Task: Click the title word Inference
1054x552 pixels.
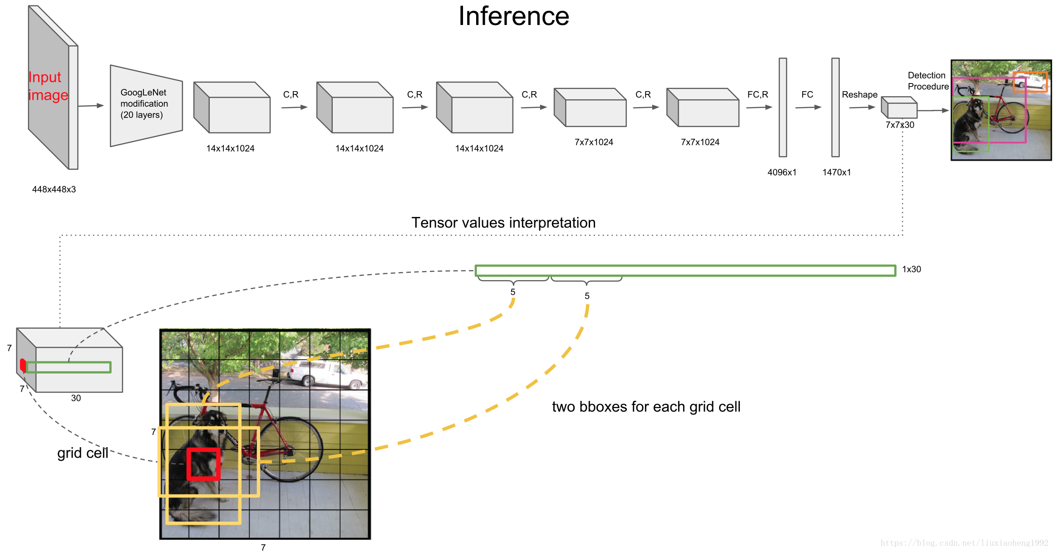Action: coord(513,16)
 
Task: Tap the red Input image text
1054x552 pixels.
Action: coord(48,86)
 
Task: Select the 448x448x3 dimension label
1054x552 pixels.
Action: coord(54,189)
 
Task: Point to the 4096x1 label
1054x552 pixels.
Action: coord(782,172)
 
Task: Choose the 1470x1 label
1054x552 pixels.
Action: coord(836,172)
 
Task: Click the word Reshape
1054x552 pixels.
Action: coord(859,95)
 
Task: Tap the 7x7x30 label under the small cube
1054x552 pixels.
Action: coord(900,125)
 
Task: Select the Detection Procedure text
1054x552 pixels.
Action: coord(927,81)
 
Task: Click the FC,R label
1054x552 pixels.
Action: coord(758,94)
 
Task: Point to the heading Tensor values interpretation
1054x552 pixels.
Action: coord(503,223)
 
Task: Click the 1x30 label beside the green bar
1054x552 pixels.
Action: coord(911,269)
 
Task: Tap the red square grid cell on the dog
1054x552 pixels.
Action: coord(203,464)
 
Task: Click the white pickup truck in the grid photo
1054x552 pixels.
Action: coord(325,375)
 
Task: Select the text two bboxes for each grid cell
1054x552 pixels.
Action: coord(646,407)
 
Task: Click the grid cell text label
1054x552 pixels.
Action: coord(83,453)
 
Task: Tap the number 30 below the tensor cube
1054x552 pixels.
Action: coord(76,398)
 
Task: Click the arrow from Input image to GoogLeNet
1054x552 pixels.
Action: coord(91,106)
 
